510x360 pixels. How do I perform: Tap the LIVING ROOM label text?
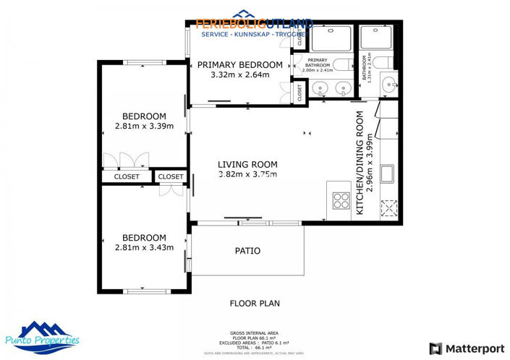[247, 163]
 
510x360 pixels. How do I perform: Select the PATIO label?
[247, 252]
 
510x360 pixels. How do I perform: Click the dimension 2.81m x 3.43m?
[144, 247]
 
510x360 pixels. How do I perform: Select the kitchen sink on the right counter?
[388, 173]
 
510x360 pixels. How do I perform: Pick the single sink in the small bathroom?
[389, 83]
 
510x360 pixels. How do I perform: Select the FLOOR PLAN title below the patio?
[254, 304]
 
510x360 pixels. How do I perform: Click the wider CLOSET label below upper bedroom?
[126, 176]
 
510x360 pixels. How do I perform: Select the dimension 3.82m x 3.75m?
[247, 173]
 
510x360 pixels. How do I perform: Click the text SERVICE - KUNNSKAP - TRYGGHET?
[255, 33]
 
